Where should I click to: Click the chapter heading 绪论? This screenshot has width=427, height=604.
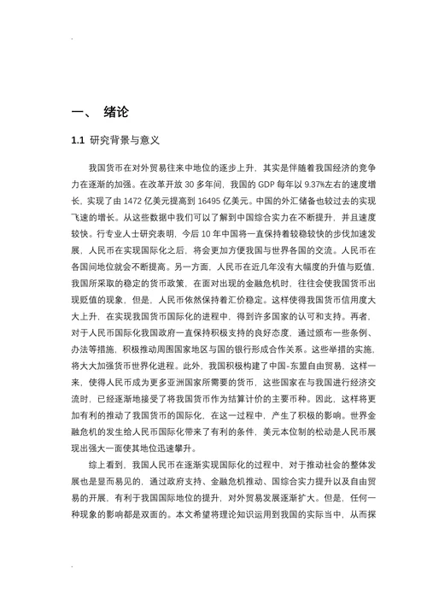click(x=116, y=113)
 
